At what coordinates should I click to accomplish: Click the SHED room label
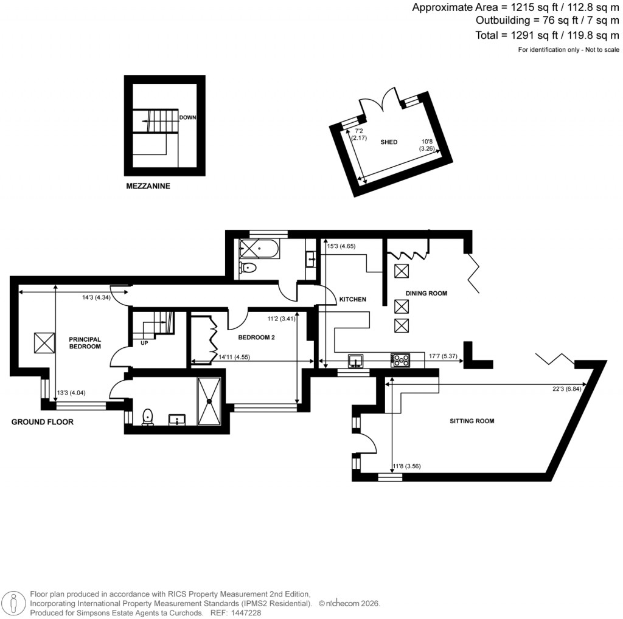coord(389,142)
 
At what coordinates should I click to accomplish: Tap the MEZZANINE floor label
coord(147,187)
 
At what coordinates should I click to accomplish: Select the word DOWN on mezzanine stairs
coord(188,118)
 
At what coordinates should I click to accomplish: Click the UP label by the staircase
coord(144,343)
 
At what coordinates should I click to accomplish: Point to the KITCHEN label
coord(352,300)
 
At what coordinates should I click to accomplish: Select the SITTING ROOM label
coord(472,421)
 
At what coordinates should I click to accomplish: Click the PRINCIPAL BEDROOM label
coord(85,343)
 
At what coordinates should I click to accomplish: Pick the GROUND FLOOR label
coord(43,421)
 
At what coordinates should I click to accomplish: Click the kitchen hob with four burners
coord(401,361)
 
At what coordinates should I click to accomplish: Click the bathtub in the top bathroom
coord(258,249)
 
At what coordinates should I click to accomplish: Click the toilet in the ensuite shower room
coord(147,417)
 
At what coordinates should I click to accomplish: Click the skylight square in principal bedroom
coord(44,342)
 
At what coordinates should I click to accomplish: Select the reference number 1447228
coord(245,613)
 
